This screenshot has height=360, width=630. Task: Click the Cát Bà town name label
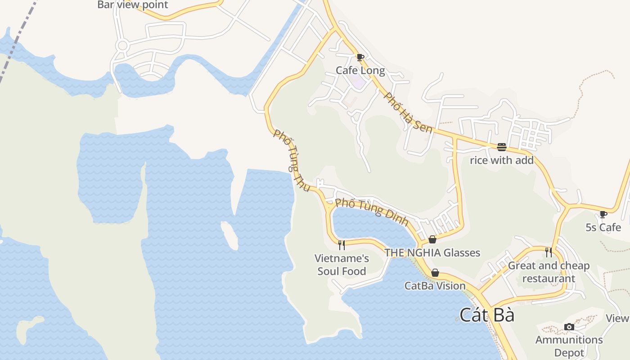[x=487, y=315]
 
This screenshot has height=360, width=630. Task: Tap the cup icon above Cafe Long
[x=360, y=57]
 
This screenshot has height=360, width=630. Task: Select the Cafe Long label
[x=360, y=70]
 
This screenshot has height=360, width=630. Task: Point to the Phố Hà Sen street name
[x=408, y=113]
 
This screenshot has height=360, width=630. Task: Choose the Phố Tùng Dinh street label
[x=372, y=211]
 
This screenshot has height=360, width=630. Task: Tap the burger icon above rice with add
[x=502, y=147]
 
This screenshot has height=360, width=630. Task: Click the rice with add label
[x=502, y=160]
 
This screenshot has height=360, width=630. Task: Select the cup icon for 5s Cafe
[x=603, y=214]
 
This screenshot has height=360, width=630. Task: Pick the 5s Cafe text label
[x=603, y=227]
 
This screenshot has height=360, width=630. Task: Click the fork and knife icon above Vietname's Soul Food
[x=342, y=245]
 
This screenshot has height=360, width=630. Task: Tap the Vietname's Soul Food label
[x=342, y=265]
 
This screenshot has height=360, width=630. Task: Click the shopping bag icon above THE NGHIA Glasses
[x=432, y=239]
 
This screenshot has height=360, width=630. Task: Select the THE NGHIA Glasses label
[x=432, y=252]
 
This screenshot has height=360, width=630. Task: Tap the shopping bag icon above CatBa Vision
[x=435, y=273]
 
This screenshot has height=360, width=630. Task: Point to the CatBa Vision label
[x=435, y=286]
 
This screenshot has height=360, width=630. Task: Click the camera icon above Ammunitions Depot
[x=569, y=327]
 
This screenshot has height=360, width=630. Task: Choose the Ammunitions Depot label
[x=569, y=346]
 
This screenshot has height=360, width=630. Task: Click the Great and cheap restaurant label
[x=549, y=272]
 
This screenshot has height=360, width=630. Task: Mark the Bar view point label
[x=133, y=5]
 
